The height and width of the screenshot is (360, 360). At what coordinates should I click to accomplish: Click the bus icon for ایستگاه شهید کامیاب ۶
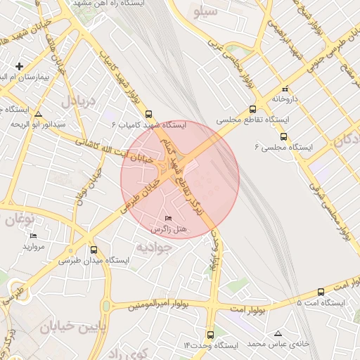[x=148, y=114]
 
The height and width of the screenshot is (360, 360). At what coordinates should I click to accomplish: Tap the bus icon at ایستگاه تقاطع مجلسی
[x=252, y=110]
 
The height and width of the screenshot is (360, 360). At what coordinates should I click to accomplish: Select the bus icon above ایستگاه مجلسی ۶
[x=284, y=136]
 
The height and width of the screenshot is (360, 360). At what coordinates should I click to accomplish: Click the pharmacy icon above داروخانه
[x=284, y=89]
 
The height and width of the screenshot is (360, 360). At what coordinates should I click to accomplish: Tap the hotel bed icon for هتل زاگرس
[x=167, y=219]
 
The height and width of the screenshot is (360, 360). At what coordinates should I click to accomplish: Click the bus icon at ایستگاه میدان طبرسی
[x=94, y=250]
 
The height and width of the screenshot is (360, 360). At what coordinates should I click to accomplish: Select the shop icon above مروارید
[x=33, y=236]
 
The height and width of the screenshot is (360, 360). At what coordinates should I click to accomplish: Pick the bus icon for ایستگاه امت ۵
[x=321, y=292]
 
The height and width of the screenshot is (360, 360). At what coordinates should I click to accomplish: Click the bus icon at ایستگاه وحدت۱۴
[x=211, y=335]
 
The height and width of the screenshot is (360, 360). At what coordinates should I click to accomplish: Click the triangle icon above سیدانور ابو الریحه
[x=38, y=113]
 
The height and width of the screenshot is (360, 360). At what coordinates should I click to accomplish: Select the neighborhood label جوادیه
[x=153, y=247]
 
